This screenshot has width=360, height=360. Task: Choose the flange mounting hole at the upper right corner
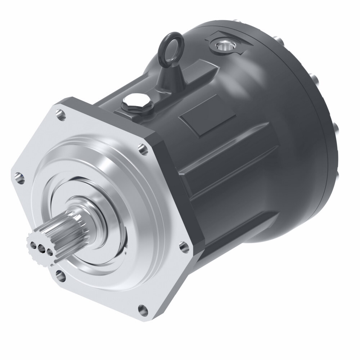click(143, 149)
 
